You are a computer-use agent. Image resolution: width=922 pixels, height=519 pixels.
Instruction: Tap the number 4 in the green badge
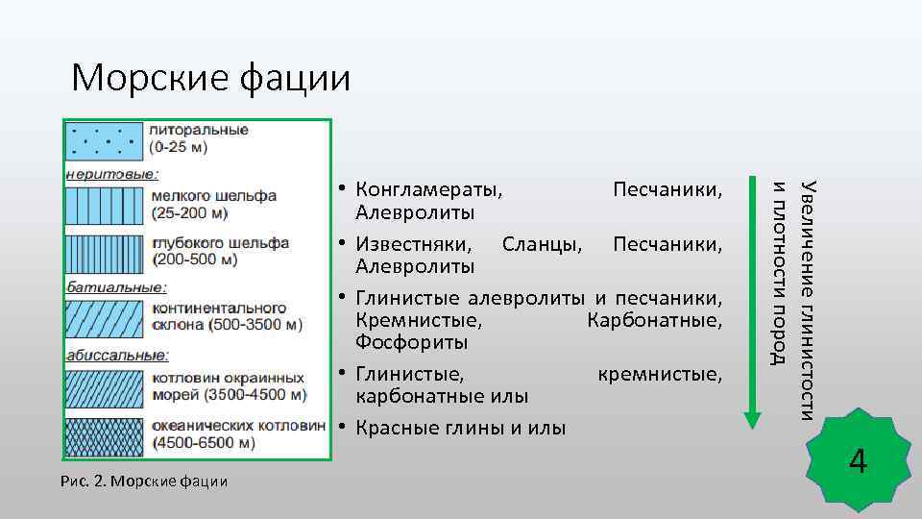click(858, 462)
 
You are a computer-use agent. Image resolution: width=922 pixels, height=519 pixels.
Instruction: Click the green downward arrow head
click(752, 418)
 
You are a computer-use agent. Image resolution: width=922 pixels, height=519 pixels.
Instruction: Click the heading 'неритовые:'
click(112, 174)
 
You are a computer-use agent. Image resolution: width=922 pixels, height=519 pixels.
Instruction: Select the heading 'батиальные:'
click(115, 286)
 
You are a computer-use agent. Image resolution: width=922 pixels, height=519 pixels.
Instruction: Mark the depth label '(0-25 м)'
click(179, 149)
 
